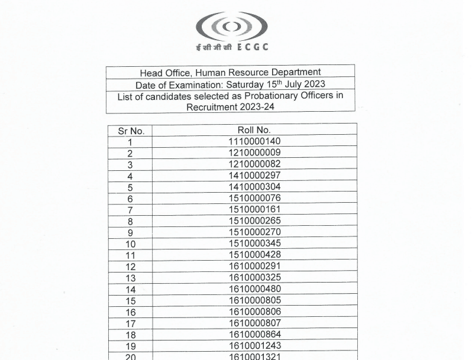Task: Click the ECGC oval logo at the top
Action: tap(231, 26)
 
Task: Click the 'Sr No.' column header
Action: tap(130, 131)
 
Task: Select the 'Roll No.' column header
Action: tap(254, 130)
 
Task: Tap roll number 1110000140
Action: tap(254, 141)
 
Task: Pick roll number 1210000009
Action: tap(254, 153)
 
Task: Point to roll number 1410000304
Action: tap(254, 187)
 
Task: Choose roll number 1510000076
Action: tap(254, 198)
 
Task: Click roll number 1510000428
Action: tap(254, 255)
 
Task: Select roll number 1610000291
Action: tap(254, 266)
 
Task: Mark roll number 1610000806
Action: tap(254, 312)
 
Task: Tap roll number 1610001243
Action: tap(254, 346)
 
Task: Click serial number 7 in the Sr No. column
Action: tap(130, 210)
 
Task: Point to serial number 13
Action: tap(130, 278)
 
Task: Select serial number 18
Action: tap(130, 335)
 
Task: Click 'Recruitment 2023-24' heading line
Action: tap(230, 107)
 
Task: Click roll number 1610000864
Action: tap(254, 335)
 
